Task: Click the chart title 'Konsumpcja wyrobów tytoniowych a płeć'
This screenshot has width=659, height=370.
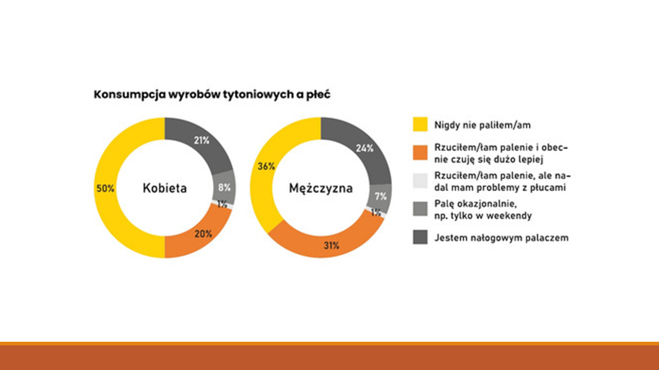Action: (x=212, y=95)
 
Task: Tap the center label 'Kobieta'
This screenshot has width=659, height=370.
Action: (x=165, y=188)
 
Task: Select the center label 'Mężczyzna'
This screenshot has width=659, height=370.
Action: (x=321, y=189)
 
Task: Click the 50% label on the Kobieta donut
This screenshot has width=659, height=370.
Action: (x=106, y=188)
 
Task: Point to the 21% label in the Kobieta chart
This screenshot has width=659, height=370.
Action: (x=201, y=141)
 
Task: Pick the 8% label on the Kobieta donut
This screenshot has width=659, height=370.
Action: (x=224, y=188)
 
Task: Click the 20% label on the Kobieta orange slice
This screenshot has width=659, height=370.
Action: (x=203, y=234)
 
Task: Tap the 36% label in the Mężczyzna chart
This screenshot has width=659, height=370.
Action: (x=266, y=166)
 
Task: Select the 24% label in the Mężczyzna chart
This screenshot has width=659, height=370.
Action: (x=365, y=149)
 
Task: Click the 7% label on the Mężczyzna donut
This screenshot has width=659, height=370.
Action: (x=380, y=196)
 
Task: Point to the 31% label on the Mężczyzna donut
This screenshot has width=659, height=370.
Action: (x=332, y=246)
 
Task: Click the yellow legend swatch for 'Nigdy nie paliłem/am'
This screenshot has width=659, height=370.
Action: (x=420, y=124)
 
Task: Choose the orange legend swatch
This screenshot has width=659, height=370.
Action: (x=420, y=153)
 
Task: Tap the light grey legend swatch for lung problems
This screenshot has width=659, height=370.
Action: (x=420, y=181)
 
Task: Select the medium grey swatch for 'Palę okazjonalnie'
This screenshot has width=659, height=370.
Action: (x=420, y=209)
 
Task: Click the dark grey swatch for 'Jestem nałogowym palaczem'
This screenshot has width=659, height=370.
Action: (x=420, y=237)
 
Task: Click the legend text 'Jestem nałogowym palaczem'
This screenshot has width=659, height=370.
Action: (x=501, y=238)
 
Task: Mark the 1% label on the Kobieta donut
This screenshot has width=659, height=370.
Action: (x=222, y=205)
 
